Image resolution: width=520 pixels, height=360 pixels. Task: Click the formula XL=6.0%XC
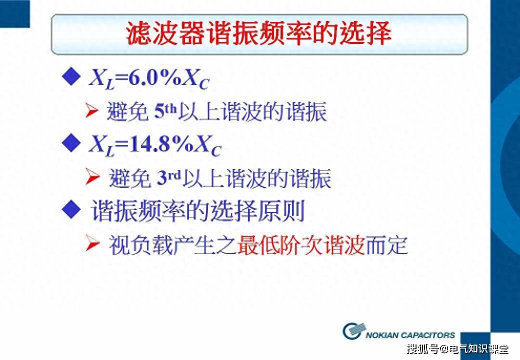tap(148, 78)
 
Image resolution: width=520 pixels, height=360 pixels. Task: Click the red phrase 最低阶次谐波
tap(301, 246)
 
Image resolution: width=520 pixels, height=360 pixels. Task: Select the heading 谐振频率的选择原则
tap(198, 212)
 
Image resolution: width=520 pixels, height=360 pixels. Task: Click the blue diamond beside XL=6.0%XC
tap(71, 76)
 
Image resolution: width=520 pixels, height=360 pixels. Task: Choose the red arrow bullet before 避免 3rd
tap(92, 178)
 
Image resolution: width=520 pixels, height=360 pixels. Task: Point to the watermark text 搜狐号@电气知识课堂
tap(457, 348)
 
